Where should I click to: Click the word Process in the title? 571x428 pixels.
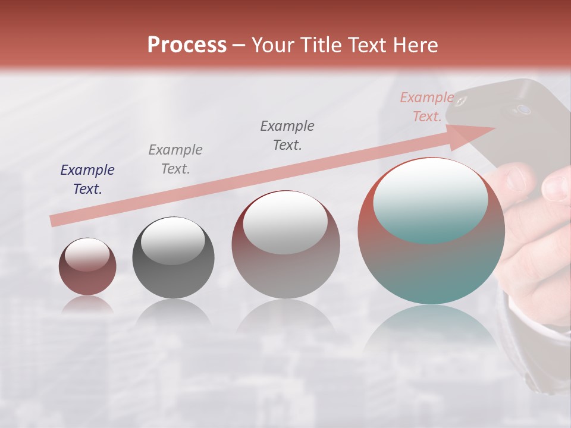[x=187, y=45]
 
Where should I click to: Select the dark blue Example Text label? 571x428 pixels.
[x=87, y=180]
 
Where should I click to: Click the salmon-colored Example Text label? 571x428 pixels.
[x=426, y=107]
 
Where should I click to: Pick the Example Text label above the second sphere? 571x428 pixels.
[x=175, y=159]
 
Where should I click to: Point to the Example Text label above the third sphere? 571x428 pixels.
[x=287, y=136]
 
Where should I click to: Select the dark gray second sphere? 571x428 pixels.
[x=173, y=258]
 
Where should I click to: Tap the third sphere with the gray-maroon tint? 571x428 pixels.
[x=285, y=245]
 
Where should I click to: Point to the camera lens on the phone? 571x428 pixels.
[x=523, y=109]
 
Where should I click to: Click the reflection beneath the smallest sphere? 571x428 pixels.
[x=87, y=306]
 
